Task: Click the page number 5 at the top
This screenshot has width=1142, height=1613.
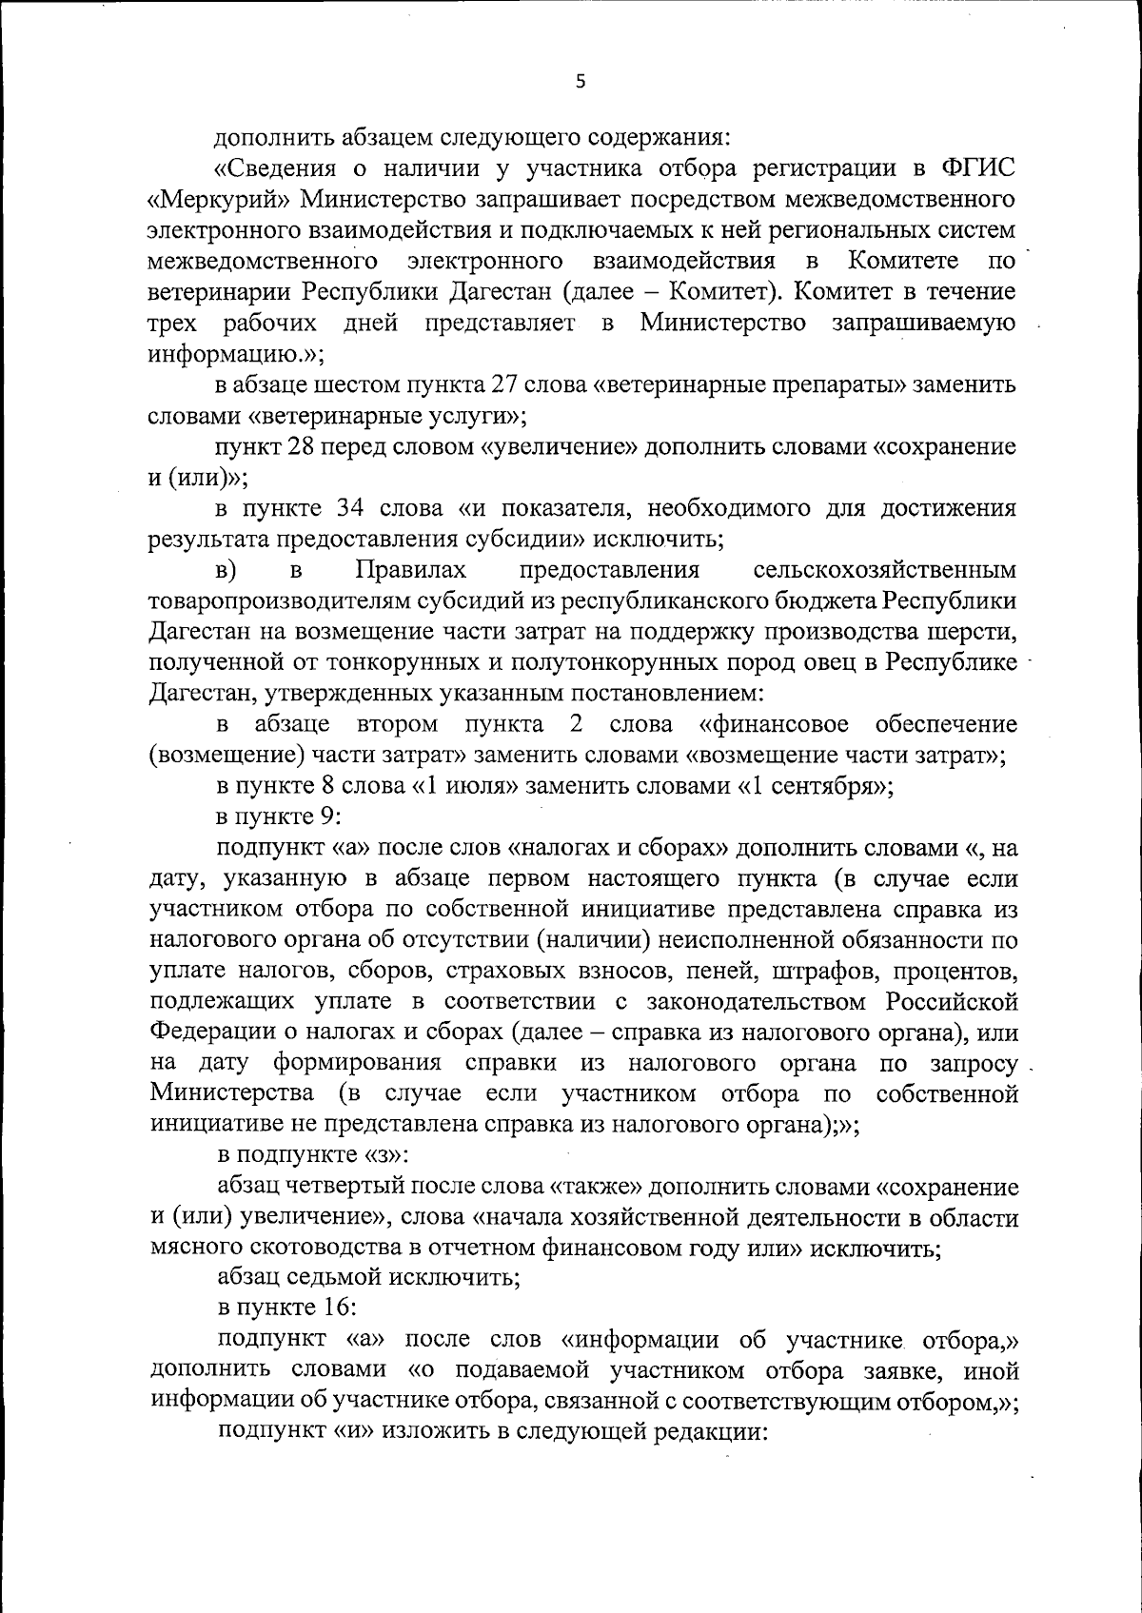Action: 581,82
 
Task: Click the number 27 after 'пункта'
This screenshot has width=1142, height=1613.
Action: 506,384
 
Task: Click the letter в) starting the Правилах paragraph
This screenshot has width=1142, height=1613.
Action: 226,570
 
